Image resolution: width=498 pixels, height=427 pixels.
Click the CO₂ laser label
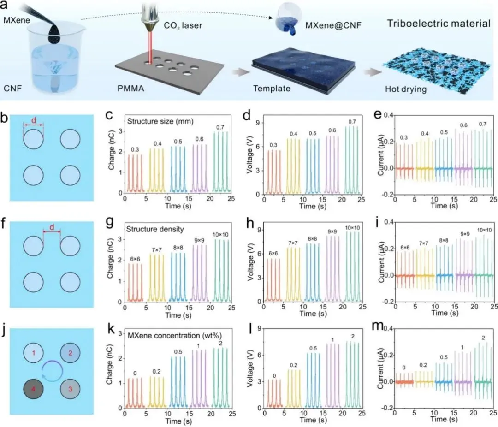(185, 25)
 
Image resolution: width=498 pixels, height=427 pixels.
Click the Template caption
(272, 89)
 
